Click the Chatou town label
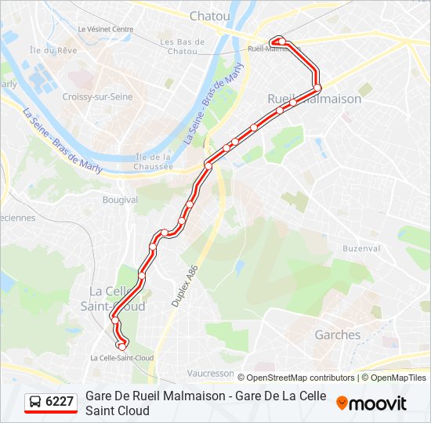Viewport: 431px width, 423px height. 210,16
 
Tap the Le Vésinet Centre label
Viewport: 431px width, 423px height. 106,29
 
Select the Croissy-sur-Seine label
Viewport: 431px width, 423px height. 97,96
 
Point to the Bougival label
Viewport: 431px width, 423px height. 120,200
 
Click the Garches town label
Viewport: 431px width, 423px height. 338,334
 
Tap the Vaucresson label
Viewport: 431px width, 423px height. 211,374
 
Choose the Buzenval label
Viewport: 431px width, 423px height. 361,248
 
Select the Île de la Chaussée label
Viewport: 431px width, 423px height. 154,161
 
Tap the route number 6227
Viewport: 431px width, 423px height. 60,402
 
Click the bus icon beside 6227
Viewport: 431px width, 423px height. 35,402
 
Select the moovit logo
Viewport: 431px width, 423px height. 371,403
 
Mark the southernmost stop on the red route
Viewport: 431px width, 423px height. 121,346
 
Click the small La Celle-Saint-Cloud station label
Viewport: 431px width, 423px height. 121,358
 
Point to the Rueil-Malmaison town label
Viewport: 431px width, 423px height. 314,99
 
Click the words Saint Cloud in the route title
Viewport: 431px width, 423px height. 118,410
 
